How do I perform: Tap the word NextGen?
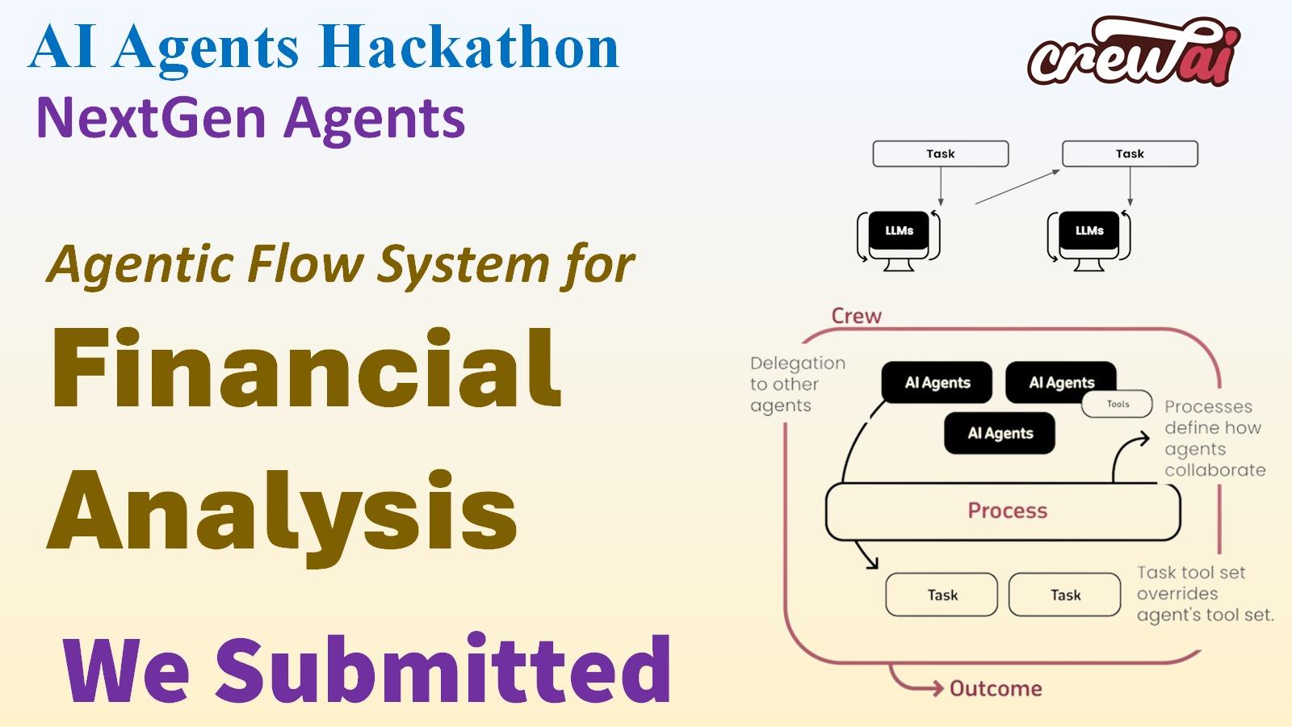pos(151,118)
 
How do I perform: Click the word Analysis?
pos(283,510)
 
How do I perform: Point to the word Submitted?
pos(443,670)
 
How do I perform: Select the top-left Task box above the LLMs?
pos(940,153)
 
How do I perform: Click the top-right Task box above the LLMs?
pos(1130,153)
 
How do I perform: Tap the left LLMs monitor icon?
pos(899,237)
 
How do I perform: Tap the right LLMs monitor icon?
pos(1089,237)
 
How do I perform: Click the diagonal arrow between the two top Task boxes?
pos(1017,187)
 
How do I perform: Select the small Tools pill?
pos(1117,404)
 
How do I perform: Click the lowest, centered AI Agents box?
pos(1000,433)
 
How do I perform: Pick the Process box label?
pos(1007,511)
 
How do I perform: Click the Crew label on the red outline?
pos(856,316)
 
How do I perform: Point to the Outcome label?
pos(995,688)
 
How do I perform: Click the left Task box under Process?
pos(942,595)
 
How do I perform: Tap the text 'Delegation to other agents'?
pos(796,385)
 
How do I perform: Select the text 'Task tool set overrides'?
pos(1191,583)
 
